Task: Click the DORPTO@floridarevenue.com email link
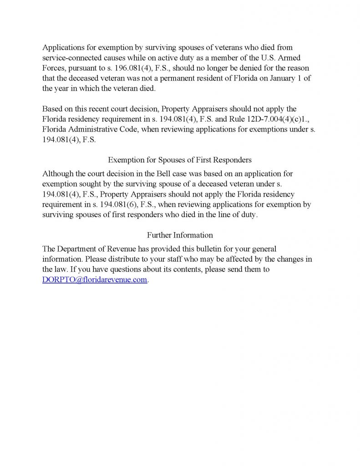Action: point(95,280)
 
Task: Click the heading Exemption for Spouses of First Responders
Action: point(180,160)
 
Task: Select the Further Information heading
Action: point(180,235)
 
